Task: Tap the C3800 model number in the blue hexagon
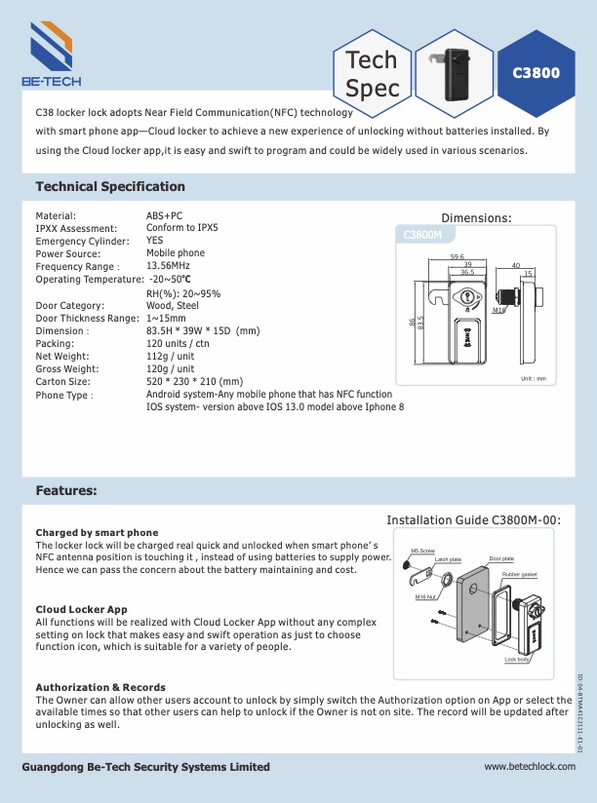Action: (x=536, y=73)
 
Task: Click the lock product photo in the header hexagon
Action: (x=453, y=70)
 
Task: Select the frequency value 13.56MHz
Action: (x=168, y=266)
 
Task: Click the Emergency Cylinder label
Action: (x=82, y=241)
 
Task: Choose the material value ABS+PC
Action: (x=164, y=215)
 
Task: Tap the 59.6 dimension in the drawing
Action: (x=457, y=256)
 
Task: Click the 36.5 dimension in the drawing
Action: (x=467, y=273)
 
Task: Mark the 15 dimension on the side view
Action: (x=528, y=274)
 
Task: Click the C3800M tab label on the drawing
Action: (x=423, y=235)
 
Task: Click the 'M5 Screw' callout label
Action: (x=422, y=551)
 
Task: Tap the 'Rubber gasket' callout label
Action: (x=519, y=576)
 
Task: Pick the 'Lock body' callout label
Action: (x=517, y=660)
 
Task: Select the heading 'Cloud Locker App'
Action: (x=82, y=609)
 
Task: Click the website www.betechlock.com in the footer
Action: (x=531, y=767)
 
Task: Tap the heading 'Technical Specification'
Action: (x=124, y=186)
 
